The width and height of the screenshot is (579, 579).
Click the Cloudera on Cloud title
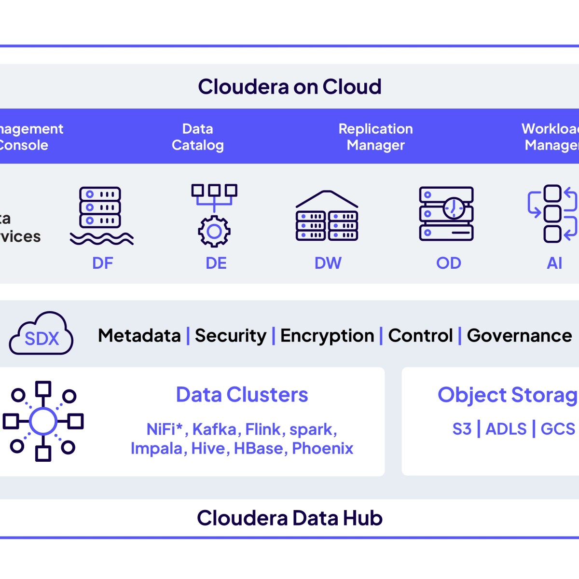pyautogui.click(x=289, y=87)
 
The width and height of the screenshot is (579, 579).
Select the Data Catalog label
pyautogui.click(x=198, y=137)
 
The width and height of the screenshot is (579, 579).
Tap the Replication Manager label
pyautogui.click(x=375, y=137)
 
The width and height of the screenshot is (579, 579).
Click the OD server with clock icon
pyautogui.click(x=446, y=214)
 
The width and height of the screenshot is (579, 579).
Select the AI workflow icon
pyautogui.click(x=553, y=213)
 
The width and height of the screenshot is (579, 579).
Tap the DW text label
pyautogui.click(x=328, y=263)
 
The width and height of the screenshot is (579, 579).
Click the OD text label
pyautogui.click(x=449, y=263)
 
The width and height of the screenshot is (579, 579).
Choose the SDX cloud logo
pyautogui.click(x=41, y=334)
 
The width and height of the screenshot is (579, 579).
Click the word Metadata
pyautogui.click(x=139, y=335)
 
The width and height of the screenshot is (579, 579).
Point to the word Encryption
pyautogui.click(x=327, y=335)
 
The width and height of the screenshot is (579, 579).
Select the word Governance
pyautogui.click(x=519, y=335)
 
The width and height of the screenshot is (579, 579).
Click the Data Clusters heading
pyautogui.click(x=242, y=395)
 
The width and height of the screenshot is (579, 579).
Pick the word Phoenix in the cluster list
pyautogui.click(x=322, y=448)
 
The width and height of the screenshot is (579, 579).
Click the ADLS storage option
pyautogui.click(x=506, y=428)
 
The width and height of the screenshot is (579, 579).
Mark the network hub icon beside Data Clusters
pyautogui.click(x=43, y=421)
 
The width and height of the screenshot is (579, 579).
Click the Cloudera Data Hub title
pyautogui.click(x=289, y=518)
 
